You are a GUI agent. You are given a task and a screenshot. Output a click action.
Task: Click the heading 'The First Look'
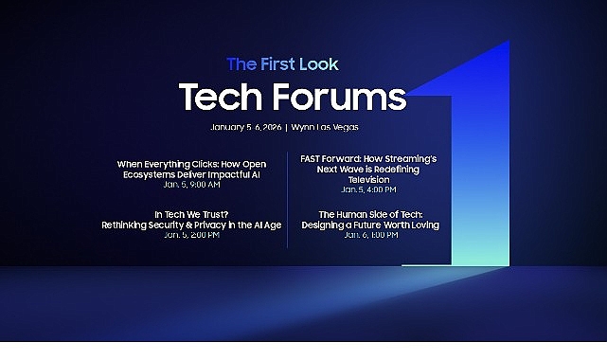(x=282, y=64)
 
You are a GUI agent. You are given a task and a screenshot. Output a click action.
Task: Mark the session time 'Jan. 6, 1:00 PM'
(x=371, y=234)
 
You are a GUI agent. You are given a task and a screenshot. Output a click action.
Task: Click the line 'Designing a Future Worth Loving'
(x=370, y=225)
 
